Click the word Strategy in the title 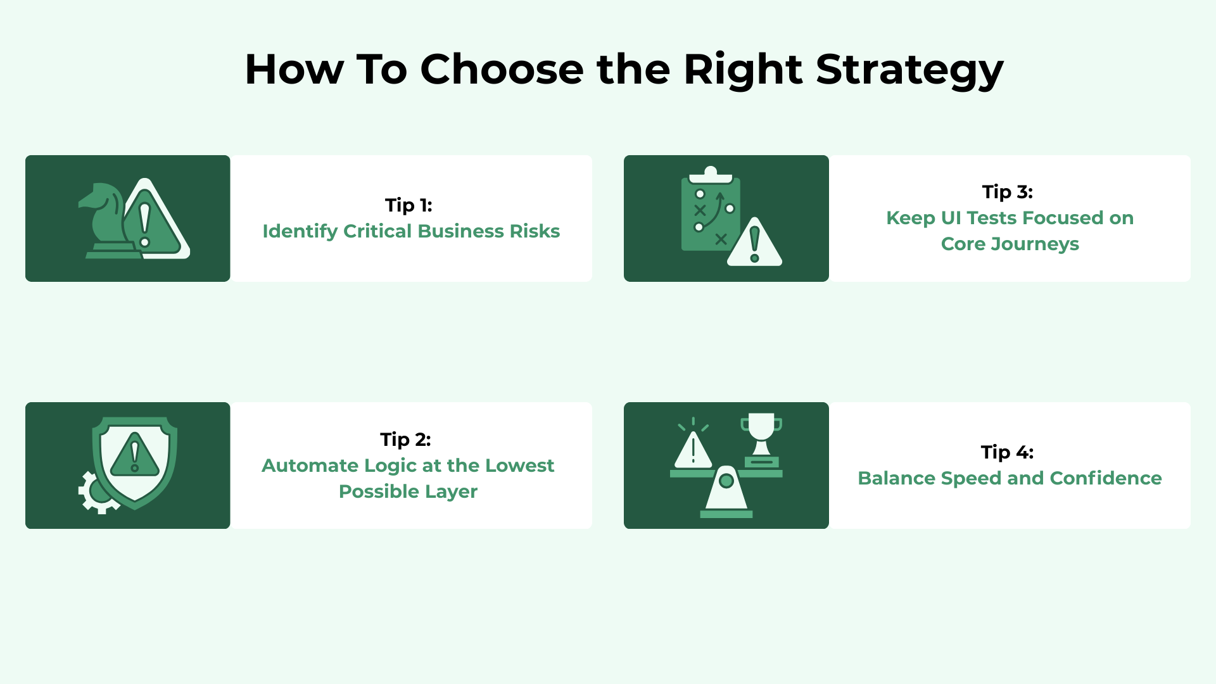coord(909,70)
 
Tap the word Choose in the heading coord(502,69)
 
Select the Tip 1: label coord(408,205)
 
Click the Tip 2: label coord(405,440)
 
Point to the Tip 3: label coord(1008,192)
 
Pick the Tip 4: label coord(1007,452)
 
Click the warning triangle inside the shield coord(134,455)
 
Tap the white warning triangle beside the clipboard coord(754,242)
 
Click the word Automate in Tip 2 coord(310,465)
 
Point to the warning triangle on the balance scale coord(693,448)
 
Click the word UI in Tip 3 coord(951,218)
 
